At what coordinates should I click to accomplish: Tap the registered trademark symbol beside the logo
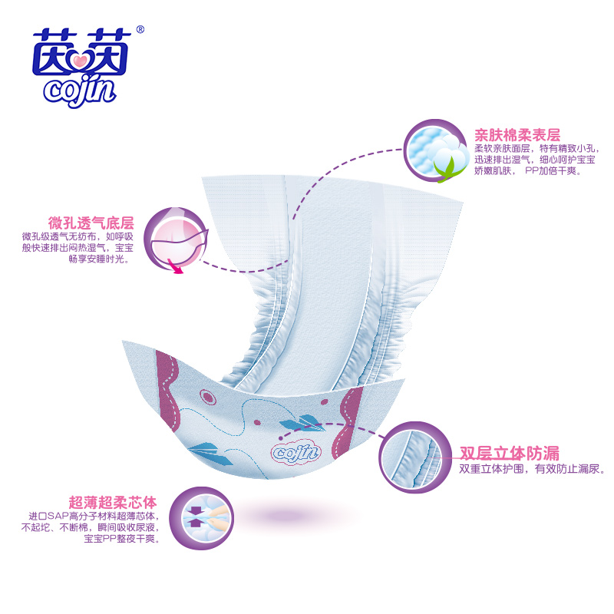click(140, 30)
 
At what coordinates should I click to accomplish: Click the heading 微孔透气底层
click(91, 223)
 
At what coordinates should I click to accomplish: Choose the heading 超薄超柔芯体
click(113, 502)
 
